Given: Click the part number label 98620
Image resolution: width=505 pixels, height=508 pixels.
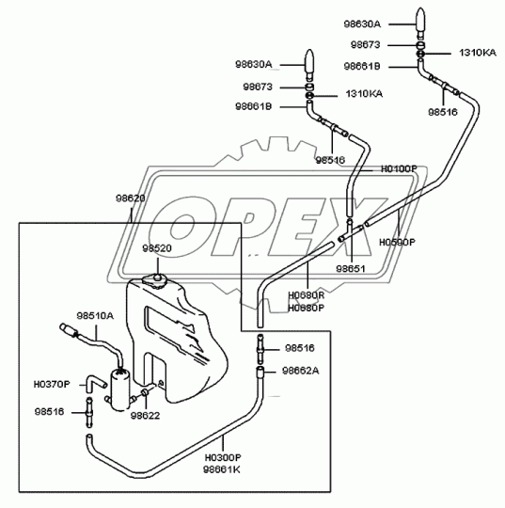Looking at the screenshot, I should click(x=130, y=198).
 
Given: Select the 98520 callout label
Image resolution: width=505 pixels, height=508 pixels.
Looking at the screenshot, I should click(x=157, y=247).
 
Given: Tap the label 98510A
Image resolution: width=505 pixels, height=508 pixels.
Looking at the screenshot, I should click(x=95, y=316).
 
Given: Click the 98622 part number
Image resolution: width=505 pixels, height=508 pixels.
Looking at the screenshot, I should click(x=144, y=415).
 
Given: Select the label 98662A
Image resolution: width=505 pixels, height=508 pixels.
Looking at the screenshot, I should click(x=300, y=372).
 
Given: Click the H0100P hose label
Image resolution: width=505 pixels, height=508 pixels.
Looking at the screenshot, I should click(x=398, y=169).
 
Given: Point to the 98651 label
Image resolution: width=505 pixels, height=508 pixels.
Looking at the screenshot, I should click(x=351, y=268).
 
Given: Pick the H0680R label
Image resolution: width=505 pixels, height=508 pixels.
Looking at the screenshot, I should click(x=306, y=295).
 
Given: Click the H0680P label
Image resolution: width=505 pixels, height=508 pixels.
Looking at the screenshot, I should click(x=306, y=307).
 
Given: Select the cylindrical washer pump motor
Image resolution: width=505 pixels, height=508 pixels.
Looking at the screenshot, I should click(x=120, y=388).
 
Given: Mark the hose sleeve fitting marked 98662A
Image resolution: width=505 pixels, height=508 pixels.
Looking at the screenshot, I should click(x=260, y=373).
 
